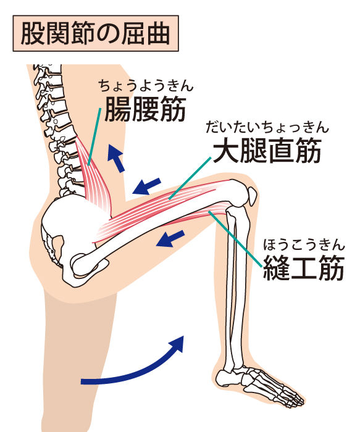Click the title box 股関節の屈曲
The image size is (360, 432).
click(x=96, y=33)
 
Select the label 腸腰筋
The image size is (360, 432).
click(x=145, y=109)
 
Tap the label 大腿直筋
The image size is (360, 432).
click(x=267, y=151)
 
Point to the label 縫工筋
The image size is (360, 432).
click(x=304, y=267)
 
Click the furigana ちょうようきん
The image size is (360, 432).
click(x=146, y=86)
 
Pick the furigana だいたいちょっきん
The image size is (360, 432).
click(x=267, y=127)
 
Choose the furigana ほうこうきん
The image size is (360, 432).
click(x=304, y=244)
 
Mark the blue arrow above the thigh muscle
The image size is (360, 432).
click(x=146, y=186)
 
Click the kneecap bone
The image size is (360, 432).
click(x=252, y=196)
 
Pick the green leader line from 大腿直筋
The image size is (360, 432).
click(x=190, y=178)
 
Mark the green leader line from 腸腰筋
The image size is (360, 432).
click(x=94, y=136)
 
